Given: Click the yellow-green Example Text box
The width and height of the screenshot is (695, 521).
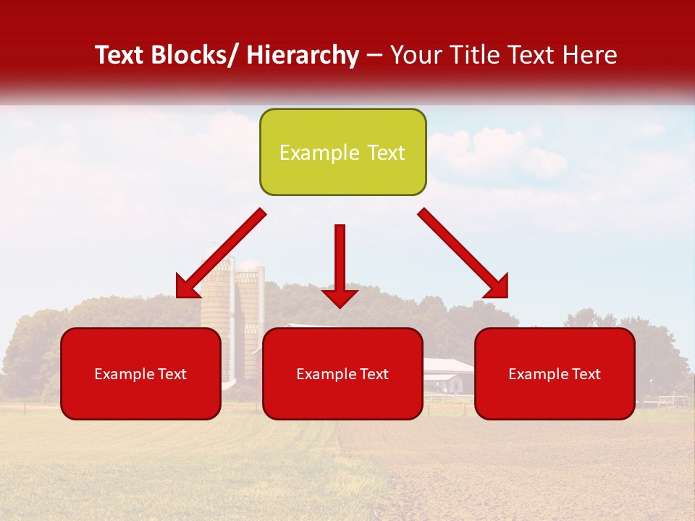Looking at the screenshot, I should pyautogui.click(x=342, y=152).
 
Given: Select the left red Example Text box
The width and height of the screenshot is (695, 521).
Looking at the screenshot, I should pyautogui.click(x=140, y=373).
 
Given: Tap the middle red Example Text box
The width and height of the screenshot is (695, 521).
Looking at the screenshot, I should pyautogui.click(x=342, y=373).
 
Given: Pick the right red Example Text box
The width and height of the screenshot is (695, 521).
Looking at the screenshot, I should pyautogui.click(x=555, y=373).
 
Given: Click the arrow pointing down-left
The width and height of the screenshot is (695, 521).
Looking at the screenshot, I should pyautogui.click(x=221, y=254).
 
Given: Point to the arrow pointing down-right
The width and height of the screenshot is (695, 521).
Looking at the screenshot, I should pyautogui.click(x=463, y=253).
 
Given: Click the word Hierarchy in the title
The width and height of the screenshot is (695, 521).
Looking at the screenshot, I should pyautogui.click(x=302, y=55).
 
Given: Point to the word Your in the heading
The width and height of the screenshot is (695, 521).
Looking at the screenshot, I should pyautogui.click(x=416, y=55).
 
